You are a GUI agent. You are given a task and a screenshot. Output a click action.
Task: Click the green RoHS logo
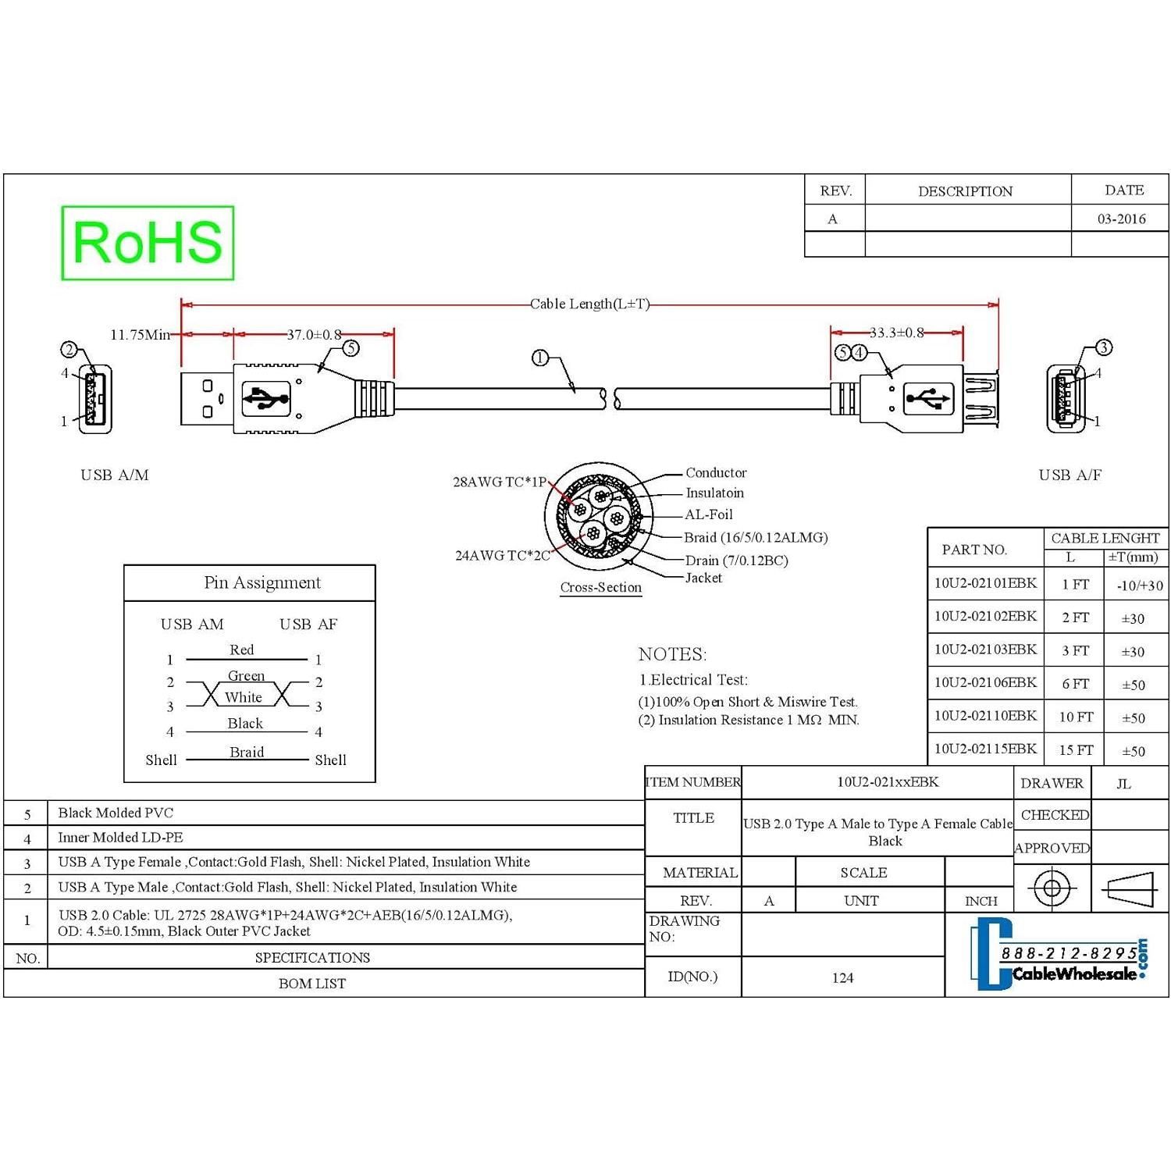[x=148, y=243]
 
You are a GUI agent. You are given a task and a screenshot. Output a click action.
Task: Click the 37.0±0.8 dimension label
[x=314, y=335]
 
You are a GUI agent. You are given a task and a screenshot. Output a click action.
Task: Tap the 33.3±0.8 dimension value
[x=896, y=333]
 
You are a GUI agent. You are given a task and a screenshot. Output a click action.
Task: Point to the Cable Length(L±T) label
[x=589, y=304]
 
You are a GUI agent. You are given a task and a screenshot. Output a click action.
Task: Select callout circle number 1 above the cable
[x=539, y=358]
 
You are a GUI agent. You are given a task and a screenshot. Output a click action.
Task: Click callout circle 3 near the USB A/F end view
[x=1103, y=347]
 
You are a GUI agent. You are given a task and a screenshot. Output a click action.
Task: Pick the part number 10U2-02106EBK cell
[x=985, y=683]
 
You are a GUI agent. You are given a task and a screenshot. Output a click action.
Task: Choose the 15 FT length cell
[x=1075, y=750]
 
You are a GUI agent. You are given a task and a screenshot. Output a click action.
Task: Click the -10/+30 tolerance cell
[x=1139, y=585]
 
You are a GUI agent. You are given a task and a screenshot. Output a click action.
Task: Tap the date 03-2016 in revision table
[x=1121, y=219]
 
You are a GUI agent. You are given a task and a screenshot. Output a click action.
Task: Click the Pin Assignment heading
[x=262, y=582]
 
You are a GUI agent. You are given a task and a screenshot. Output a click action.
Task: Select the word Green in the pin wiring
[x=246, y=675]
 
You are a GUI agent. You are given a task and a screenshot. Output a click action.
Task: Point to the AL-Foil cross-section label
[x=708, y=514]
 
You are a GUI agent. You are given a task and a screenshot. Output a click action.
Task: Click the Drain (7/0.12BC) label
[x=736, y=561]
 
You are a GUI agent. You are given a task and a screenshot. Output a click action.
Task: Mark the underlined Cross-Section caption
[x=600, y=588]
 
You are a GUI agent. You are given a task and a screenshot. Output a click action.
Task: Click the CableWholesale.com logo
[x=1058, y=956]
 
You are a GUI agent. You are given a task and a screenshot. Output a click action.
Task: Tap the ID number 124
[x=842, y=977]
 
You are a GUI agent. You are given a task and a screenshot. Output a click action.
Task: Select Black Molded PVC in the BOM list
[x=116, y=813]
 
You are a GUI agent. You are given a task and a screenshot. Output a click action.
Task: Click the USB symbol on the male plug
[x=265, y=399]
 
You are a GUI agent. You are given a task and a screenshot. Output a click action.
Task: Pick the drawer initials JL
[x=1123, y=784]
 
